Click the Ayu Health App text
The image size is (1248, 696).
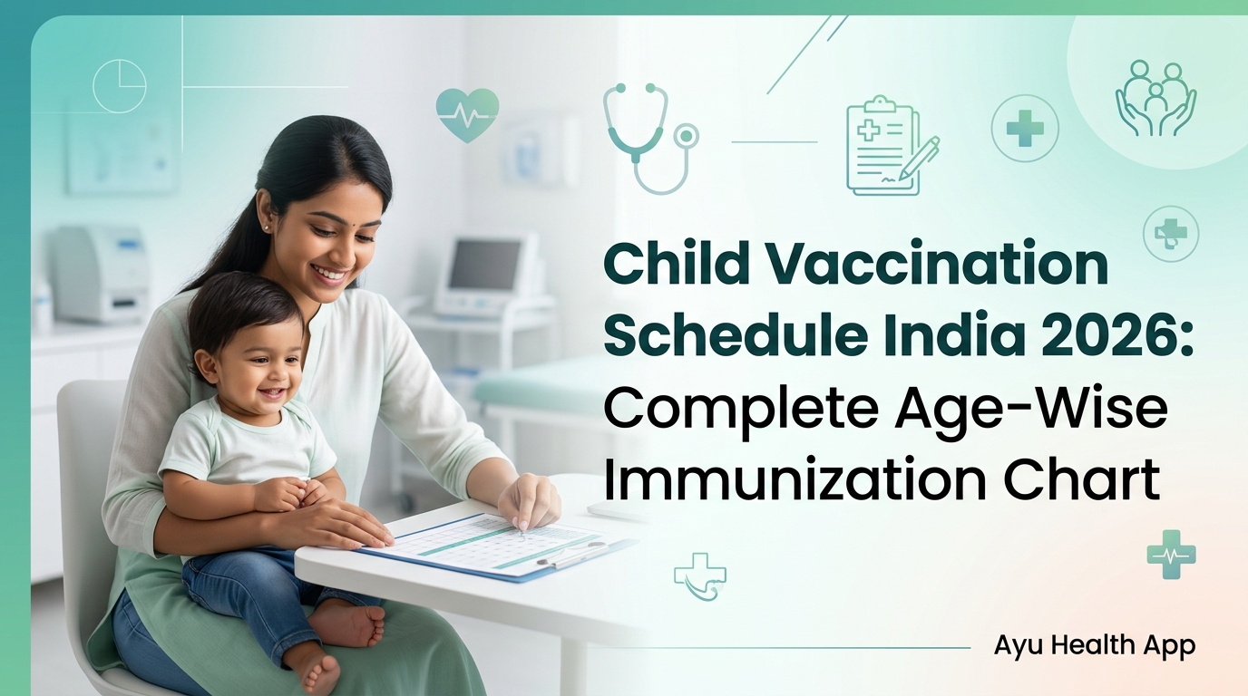click(1094, 645)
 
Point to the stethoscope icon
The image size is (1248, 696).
click(648, 136)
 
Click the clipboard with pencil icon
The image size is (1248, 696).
click(890, 145)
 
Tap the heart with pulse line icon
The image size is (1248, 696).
click(467, 114)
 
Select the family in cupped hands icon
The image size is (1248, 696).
click(1155, 99)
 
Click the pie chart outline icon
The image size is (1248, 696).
click(120, 86)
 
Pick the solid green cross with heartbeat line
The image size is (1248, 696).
click(1171, 554)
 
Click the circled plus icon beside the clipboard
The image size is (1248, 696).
click(1025, 129)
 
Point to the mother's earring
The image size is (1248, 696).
click(268, 226)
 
